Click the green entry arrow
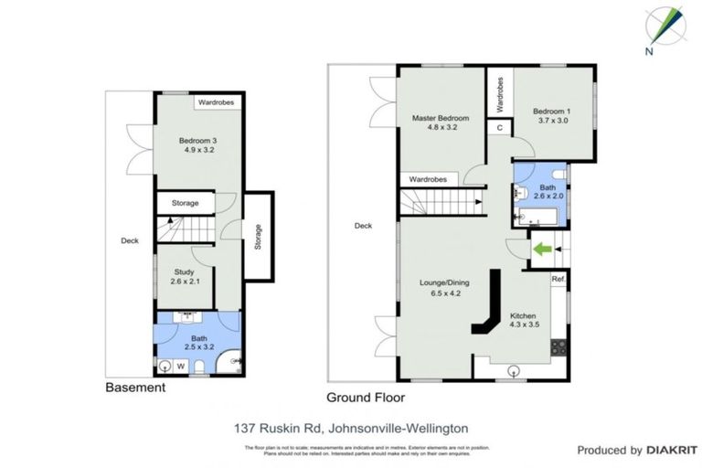pyautogui.click(x=541, y=247)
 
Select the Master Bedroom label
pyautogui.click(x=440, y=123)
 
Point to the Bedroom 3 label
pyautogui.click(x=197, y=145)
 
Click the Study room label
pyautogui.click(x=186, y=276)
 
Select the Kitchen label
pyautogui.click(x=523, y=321)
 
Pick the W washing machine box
pyautogui.click(x=181, y=367)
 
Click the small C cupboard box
pyautogui.click(x=500, y=128)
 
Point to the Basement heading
pyautogui.click(x=134, y=388)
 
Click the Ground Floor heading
pyautogui.click(x=366, y=398)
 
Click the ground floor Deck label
pyautogui.click(x=363, y=226)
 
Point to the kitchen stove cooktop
pyautogui.click(x=558, y=347)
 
